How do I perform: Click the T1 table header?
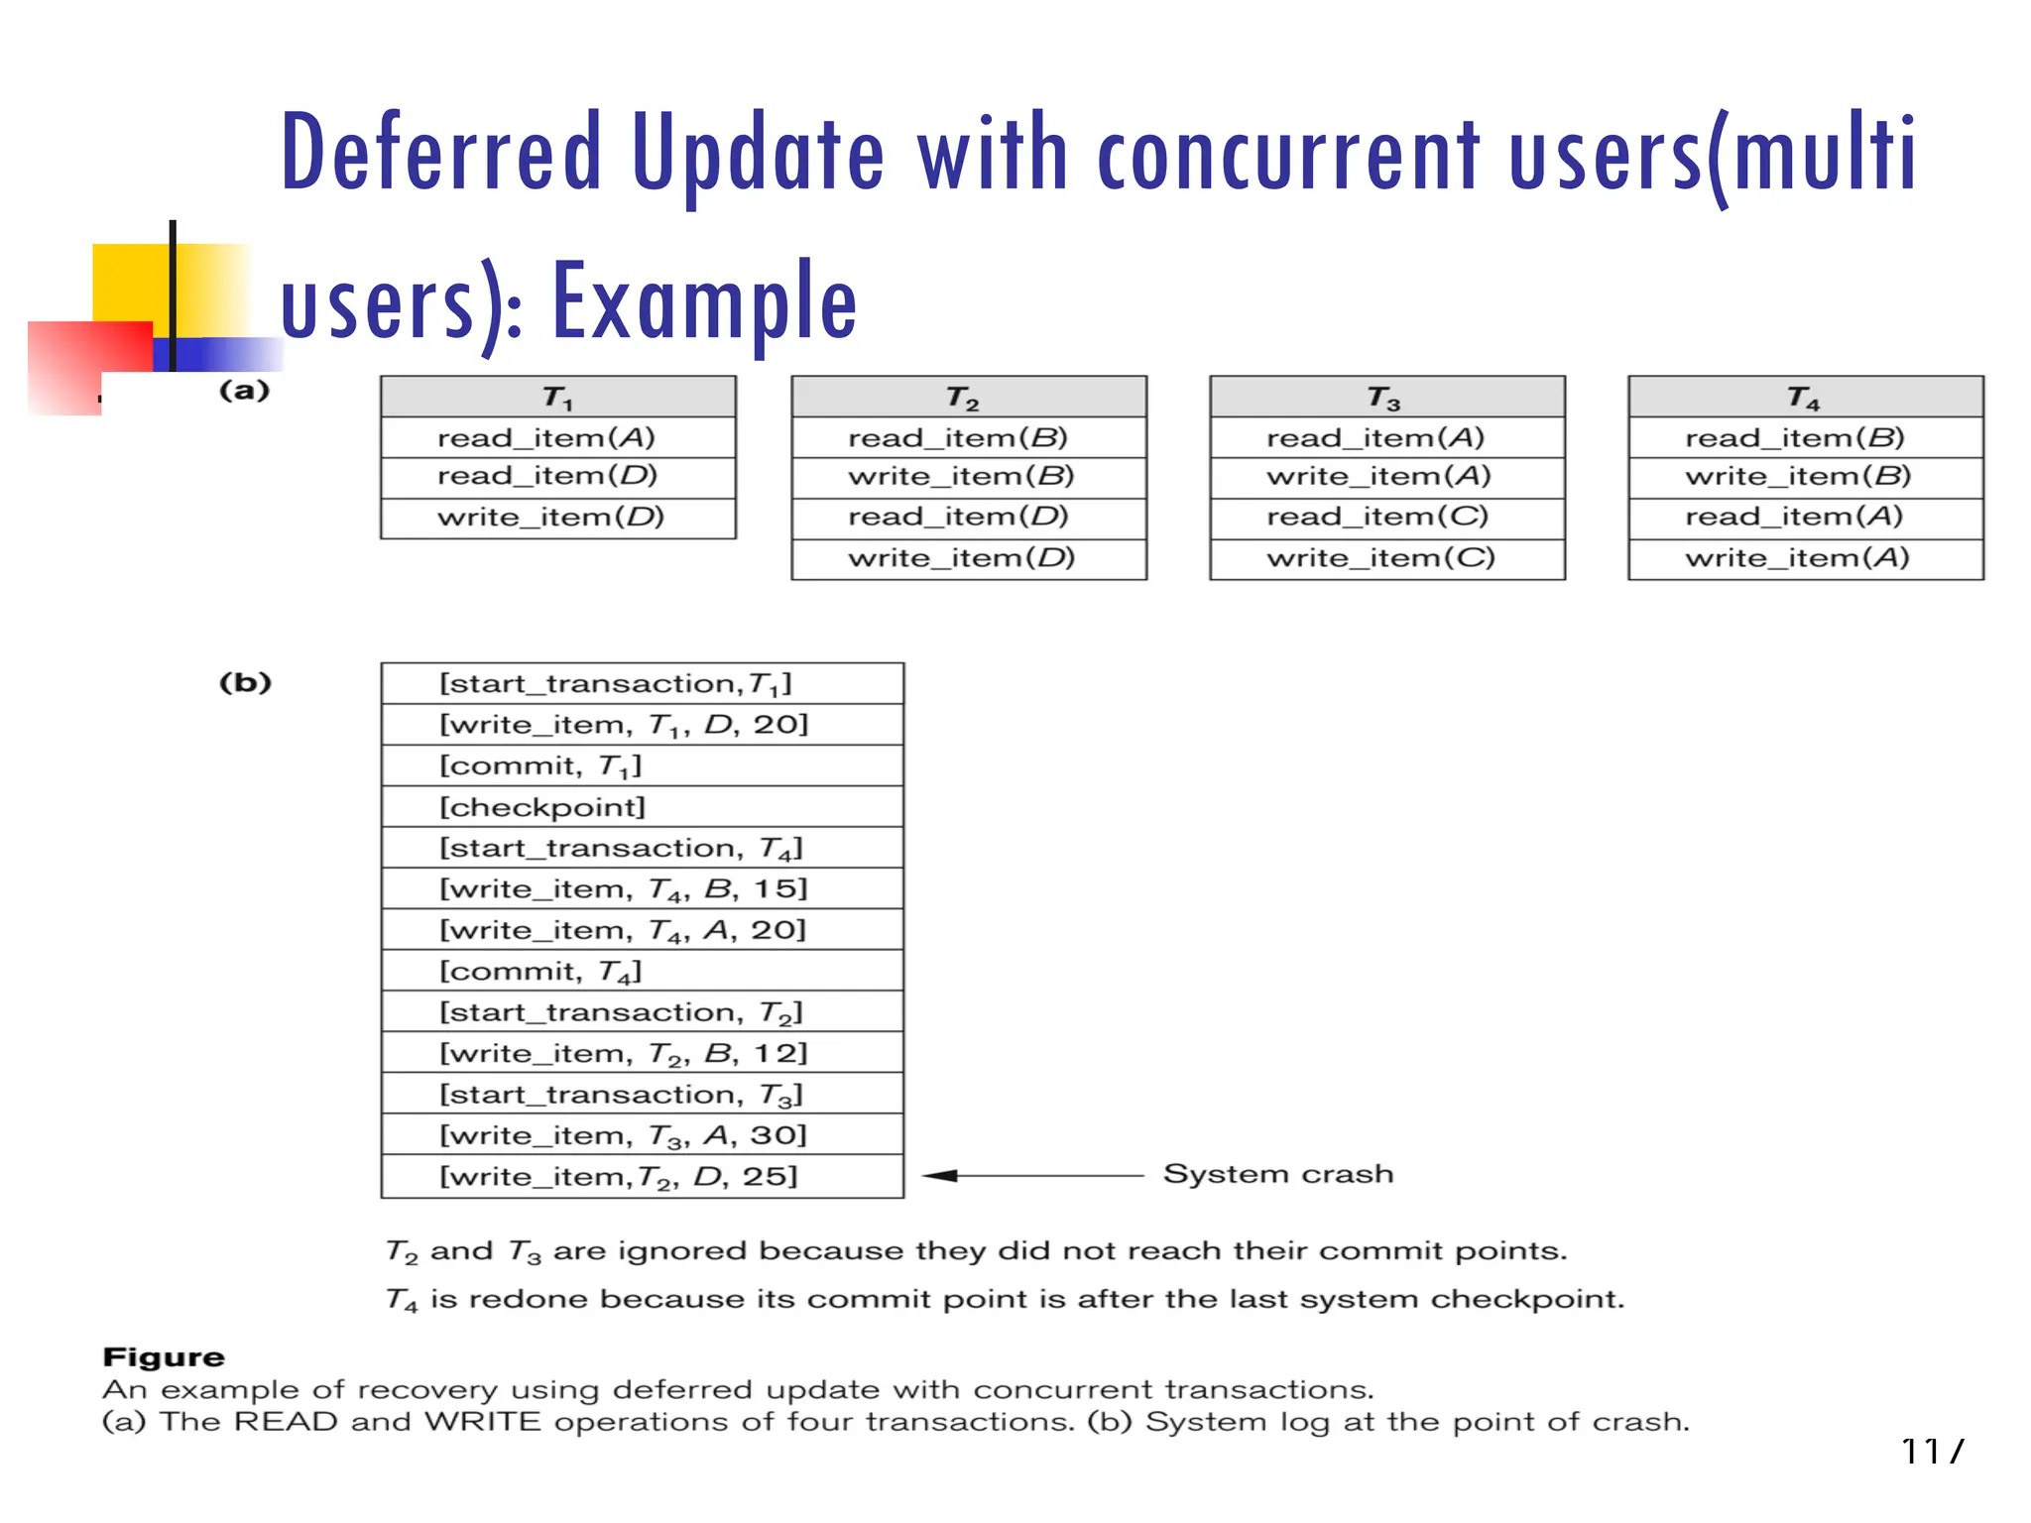[x=557, y=398]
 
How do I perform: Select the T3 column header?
[x=1385, y=398]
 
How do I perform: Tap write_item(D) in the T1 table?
[x=551, y=518]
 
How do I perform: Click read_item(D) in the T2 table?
[x=958, y=517]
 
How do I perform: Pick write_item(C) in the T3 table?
[x=1379, y=558]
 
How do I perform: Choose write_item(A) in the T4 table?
[x=1797, y=558]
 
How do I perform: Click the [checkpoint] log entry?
[x=542, y=807]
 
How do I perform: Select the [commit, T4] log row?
[x=540, y=971]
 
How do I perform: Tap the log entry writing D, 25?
[x=619, y=1177]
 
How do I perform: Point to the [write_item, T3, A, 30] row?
[x=623, y=1135]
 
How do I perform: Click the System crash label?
[x=1277, y=1174]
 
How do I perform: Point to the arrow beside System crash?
[x=1031, y=1176]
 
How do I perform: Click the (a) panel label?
[x=244, y=391]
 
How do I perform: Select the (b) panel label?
[x=245, y=683]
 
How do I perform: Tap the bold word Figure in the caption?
[x=164, y=1357]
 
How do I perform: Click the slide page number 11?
[x=1921, y=1452]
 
